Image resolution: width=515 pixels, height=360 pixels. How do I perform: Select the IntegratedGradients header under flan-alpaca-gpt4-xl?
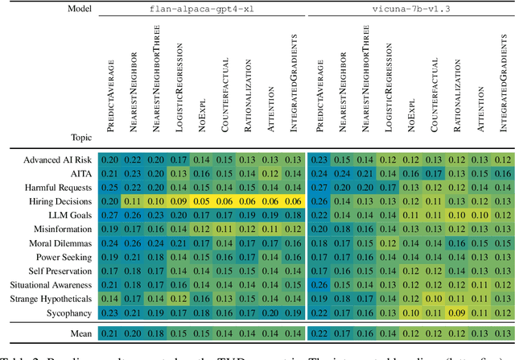click(x=295, y=77)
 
